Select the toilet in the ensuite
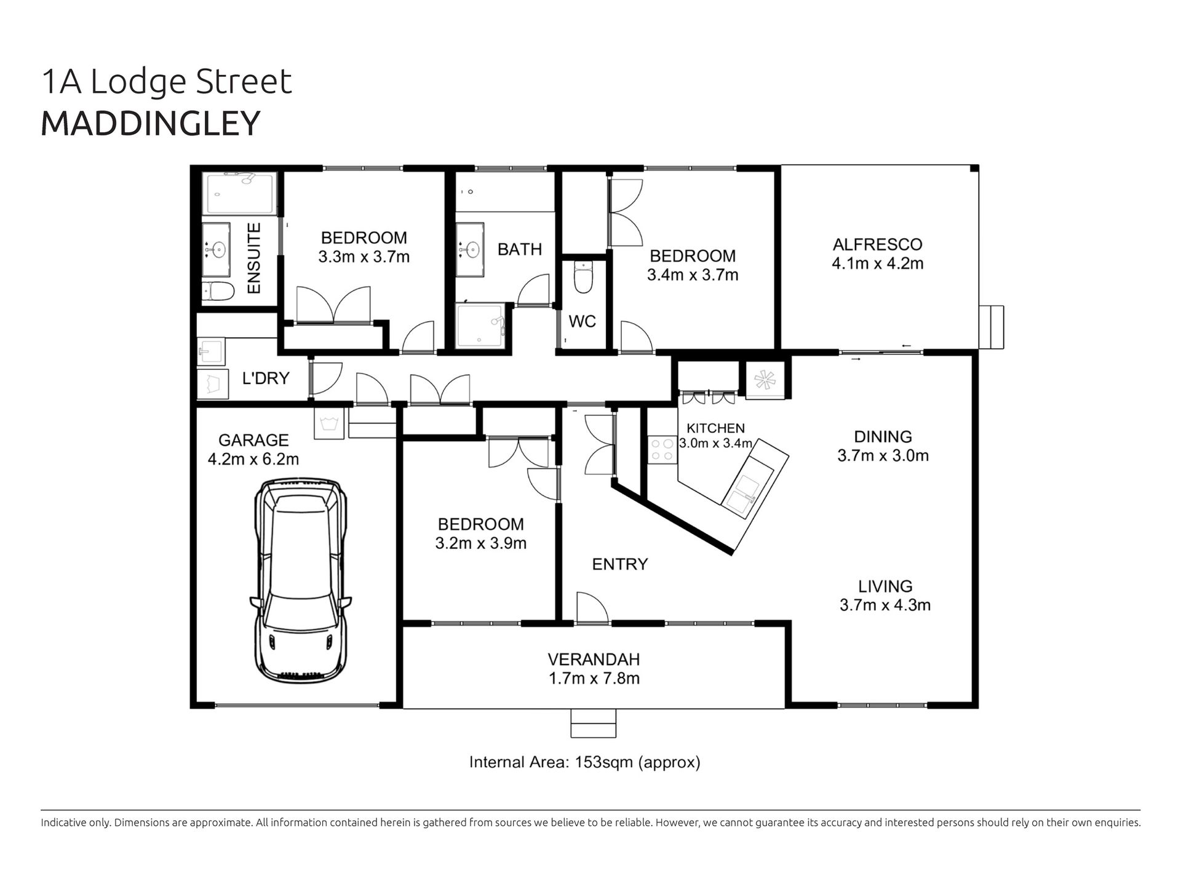point(218,292)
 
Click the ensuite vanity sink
point(217,250)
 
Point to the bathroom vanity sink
point(470,249)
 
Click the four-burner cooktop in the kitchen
point(661,449)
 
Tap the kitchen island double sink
point(747,490)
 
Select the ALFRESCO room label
point(877,244)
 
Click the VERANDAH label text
point(594,660)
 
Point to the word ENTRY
point(620,564)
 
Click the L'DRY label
point(266,378)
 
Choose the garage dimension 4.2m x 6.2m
point(253,459)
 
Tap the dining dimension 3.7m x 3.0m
point(883,456)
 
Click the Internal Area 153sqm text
point(585,762)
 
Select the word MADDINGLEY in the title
point(151,123)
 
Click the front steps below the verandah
point(593,723)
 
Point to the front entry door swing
point(592,607)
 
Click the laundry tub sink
point(211,352)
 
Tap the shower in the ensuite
point(240,193)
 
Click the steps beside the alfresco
point(991,327)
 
